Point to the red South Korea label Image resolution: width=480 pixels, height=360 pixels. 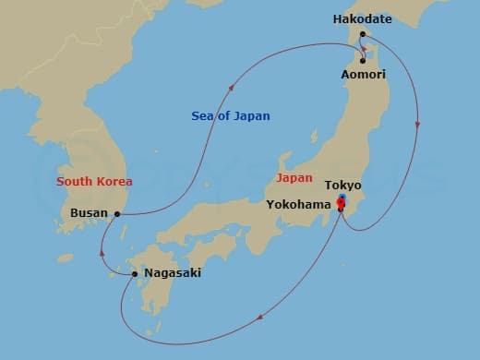coord(94,182)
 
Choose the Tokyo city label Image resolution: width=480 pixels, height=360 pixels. coord(342,186)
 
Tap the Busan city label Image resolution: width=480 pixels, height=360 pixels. coord(89,213)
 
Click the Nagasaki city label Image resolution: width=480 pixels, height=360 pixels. coord(173,273)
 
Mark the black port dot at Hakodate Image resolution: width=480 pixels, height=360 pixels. coord(364,35)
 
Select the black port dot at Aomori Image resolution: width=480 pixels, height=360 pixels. coord(363,62)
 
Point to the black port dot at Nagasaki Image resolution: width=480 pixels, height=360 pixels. coord(135,273)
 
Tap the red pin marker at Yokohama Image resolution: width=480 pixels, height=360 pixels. coord(341,204)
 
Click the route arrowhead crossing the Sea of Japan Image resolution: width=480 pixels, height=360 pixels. coord(230,90)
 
